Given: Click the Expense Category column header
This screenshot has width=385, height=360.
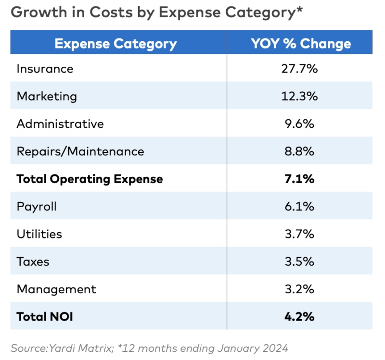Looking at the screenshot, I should tap(115, 44).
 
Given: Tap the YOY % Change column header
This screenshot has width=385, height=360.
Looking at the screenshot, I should tap(301, 44).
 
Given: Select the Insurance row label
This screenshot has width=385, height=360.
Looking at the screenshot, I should tap(45, 69).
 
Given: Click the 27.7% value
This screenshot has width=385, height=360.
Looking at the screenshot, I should tap(299, 69).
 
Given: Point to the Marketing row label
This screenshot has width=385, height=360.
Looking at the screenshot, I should tap(47, 96).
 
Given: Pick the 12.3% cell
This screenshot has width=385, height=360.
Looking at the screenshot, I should tap(299, 96).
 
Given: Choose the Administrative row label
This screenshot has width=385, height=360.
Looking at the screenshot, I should tap(60, 124).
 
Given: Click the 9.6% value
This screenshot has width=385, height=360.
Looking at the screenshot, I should tap(299, 124).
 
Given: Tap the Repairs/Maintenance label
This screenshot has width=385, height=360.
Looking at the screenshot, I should tap(80, 151).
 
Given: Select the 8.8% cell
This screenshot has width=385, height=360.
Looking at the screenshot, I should tap(299, 151).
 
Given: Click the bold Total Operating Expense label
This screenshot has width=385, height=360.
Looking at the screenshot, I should tap(90, 179).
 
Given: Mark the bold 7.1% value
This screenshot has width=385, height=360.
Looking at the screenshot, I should tap(299, 179).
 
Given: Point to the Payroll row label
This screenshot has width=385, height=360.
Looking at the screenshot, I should tap(37, 207).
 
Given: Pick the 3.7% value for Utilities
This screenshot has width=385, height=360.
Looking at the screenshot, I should tap(299, 234).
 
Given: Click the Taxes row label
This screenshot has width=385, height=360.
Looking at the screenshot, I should tap(33, 262).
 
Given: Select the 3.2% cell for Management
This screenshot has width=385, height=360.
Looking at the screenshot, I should tap(299, 289).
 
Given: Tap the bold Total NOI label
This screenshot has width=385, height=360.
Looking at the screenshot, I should tap(45, 317).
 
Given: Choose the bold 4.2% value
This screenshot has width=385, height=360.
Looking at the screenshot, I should tap(299, 317).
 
